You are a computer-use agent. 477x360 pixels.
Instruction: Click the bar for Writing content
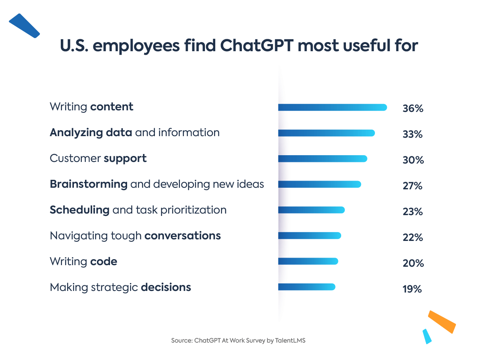click(x=332, y=108)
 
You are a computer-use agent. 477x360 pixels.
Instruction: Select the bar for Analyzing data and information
click(x=326, y=133)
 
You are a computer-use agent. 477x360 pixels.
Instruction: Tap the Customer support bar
click(x=323, y=159)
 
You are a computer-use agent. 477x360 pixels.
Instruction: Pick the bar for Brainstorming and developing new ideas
click(x=319, y=184)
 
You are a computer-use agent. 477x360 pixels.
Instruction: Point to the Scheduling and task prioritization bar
click(x=311, y=210)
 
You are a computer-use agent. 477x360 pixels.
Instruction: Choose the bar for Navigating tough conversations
click(x=309, y=236)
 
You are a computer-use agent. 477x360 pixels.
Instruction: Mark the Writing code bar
click(x=308, y=261)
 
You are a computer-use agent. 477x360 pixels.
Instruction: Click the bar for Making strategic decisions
click(x=307, y=287)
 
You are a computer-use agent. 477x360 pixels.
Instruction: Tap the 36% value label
click(x=413, y=108)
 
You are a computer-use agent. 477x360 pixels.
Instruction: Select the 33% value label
click(x=413, y=134)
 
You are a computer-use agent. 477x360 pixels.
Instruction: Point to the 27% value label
click(x=413, y=186)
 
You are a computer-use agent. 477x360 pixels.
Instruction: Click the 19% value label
click(x=412, y=289)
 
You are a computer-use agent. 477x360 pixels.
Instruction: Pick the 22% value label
click(x=413, y=237)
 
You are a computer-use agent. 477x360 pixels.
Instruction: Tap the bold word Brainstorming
click(x=89, y=184)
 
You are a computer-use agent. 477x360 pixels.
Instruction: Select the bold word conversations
click(x=182, y=236)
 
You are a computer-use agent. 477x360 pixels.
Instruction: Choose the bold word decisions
click(x=166, y=287)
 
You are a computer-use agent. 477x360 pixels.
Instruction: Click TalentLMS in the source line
click(x=290, y=341)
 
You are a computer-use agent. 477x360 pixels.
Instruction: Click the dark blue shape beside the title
click(x=24, y=25)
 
